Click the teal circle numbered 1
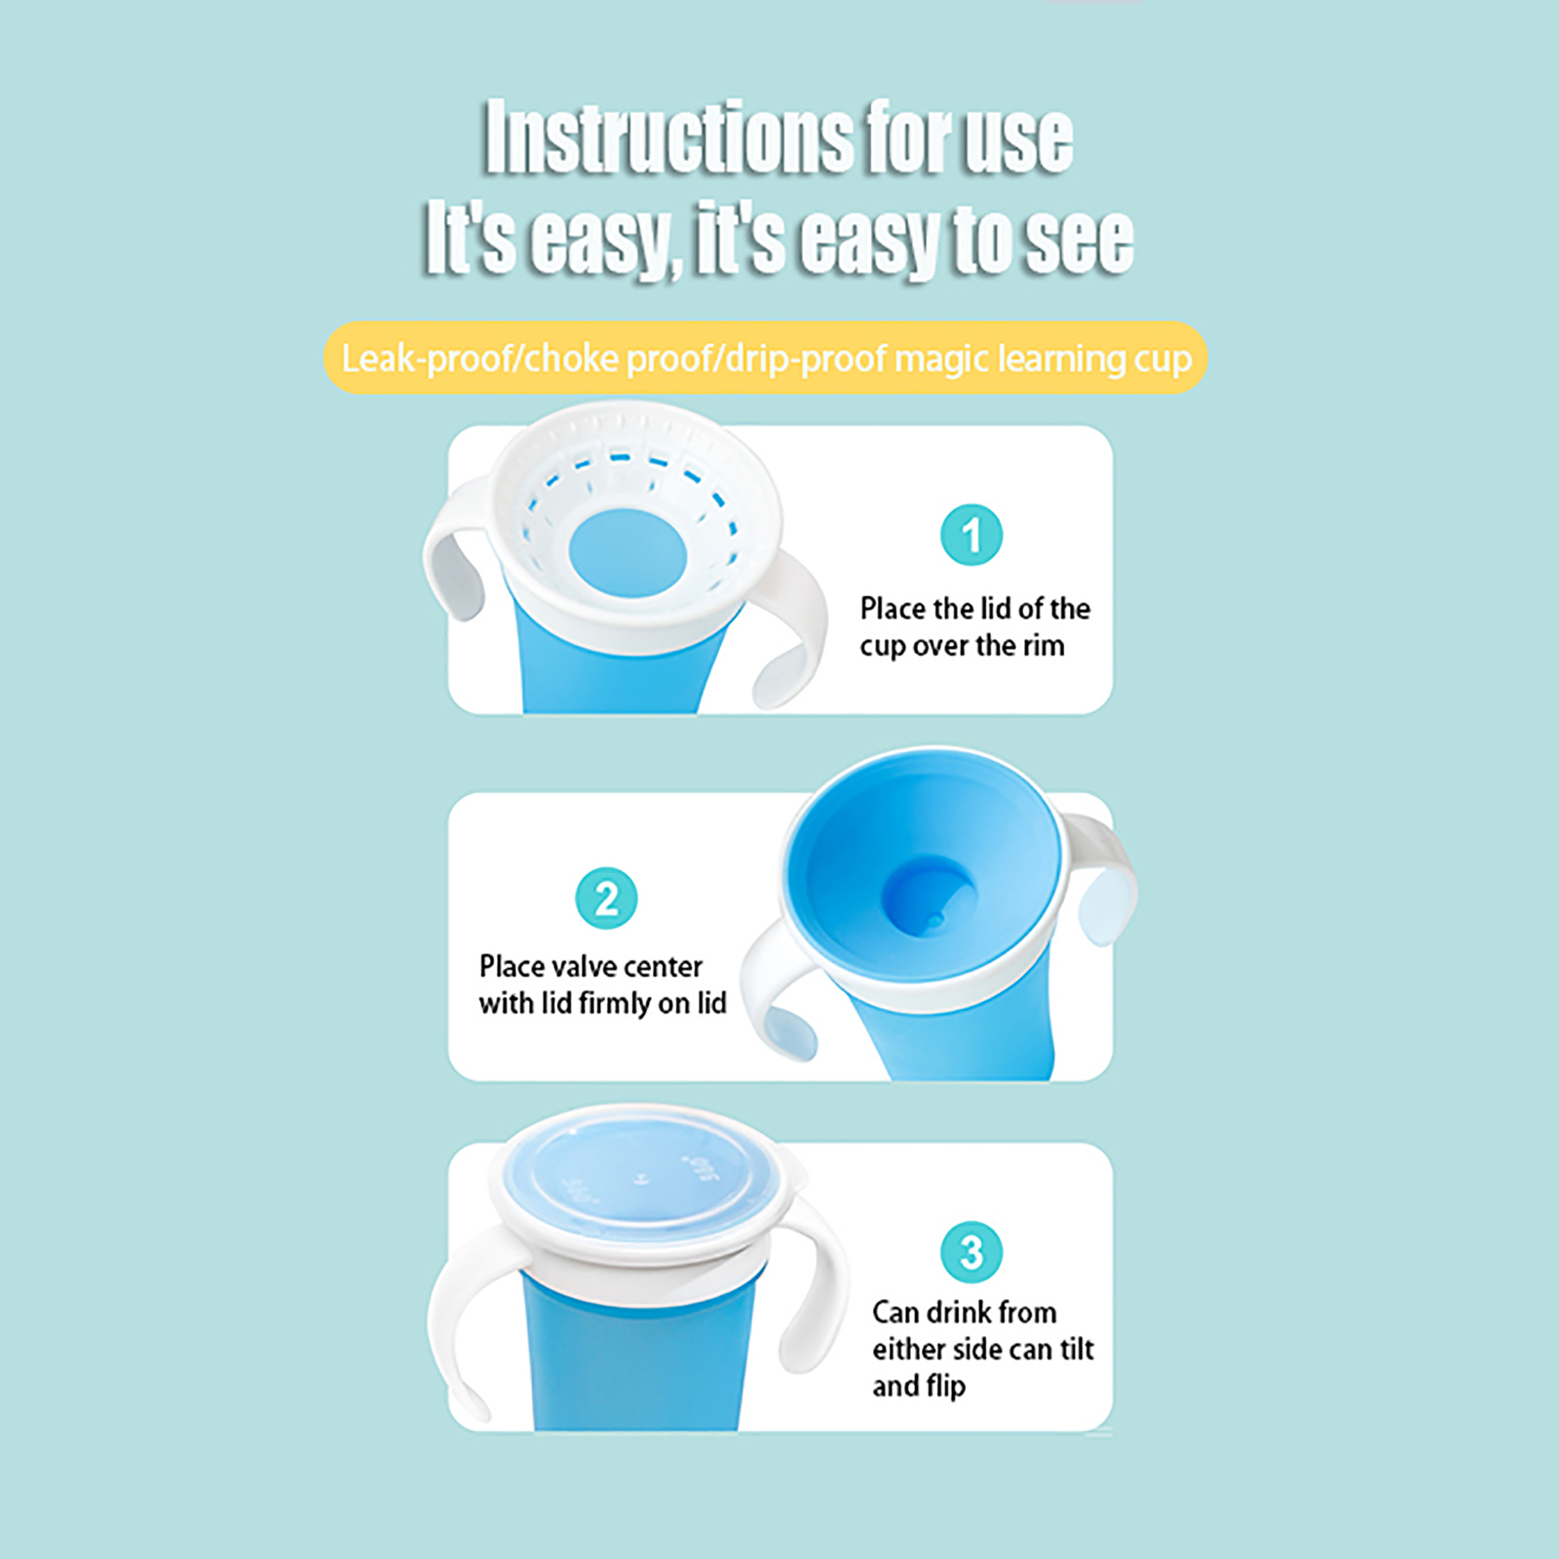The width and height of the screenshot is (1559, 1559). click(x=971, y=535)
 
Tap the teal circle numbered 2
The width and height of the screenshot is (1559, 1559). click(x=606, y=897)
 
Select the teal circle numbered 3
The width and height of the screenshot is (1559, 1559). click(x=971, y=1252)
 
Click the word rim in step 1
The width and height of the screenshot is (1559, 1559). click(x=1042, y=645)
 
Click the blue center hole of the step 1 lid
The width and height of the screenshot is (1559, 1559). click(x=627, y=552)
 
